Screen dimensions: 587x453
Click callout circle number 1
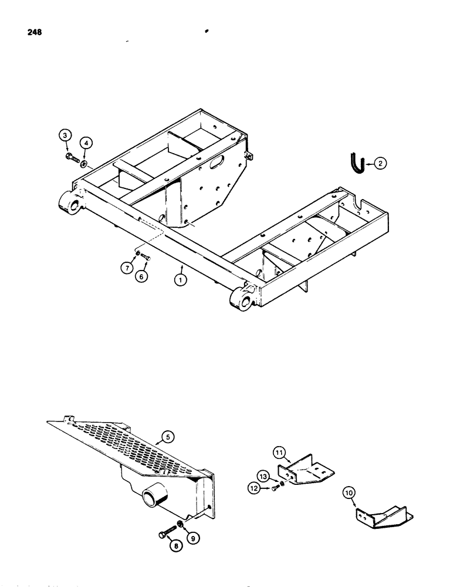pyautogui.click(x=182, y=281)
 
